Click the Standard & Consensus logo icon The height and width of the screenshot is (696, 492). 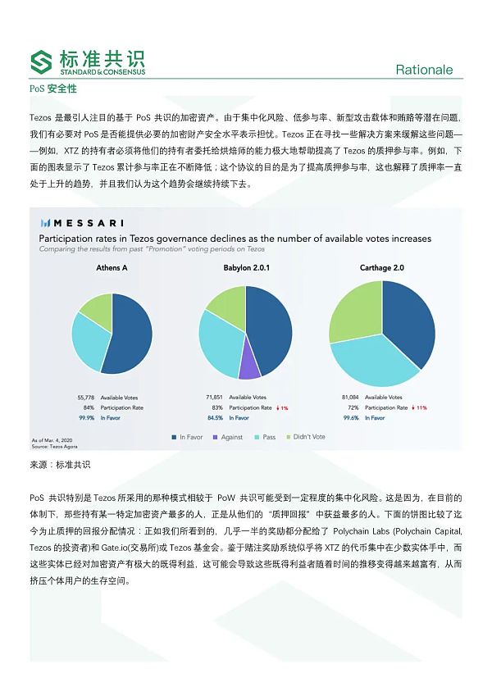click(40, 62)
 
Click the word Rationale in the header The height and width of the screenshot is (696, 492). click(424, 70)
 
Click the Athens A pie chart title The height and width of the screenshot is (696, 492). click(112, 268)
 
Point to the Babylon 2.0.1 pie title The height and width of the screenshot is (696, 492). click(247, 268)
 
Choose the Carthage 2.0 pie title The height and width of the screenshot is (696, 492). click(381, 268)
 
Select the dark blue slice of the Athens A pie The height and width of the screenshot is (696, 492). click(131, 328)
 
